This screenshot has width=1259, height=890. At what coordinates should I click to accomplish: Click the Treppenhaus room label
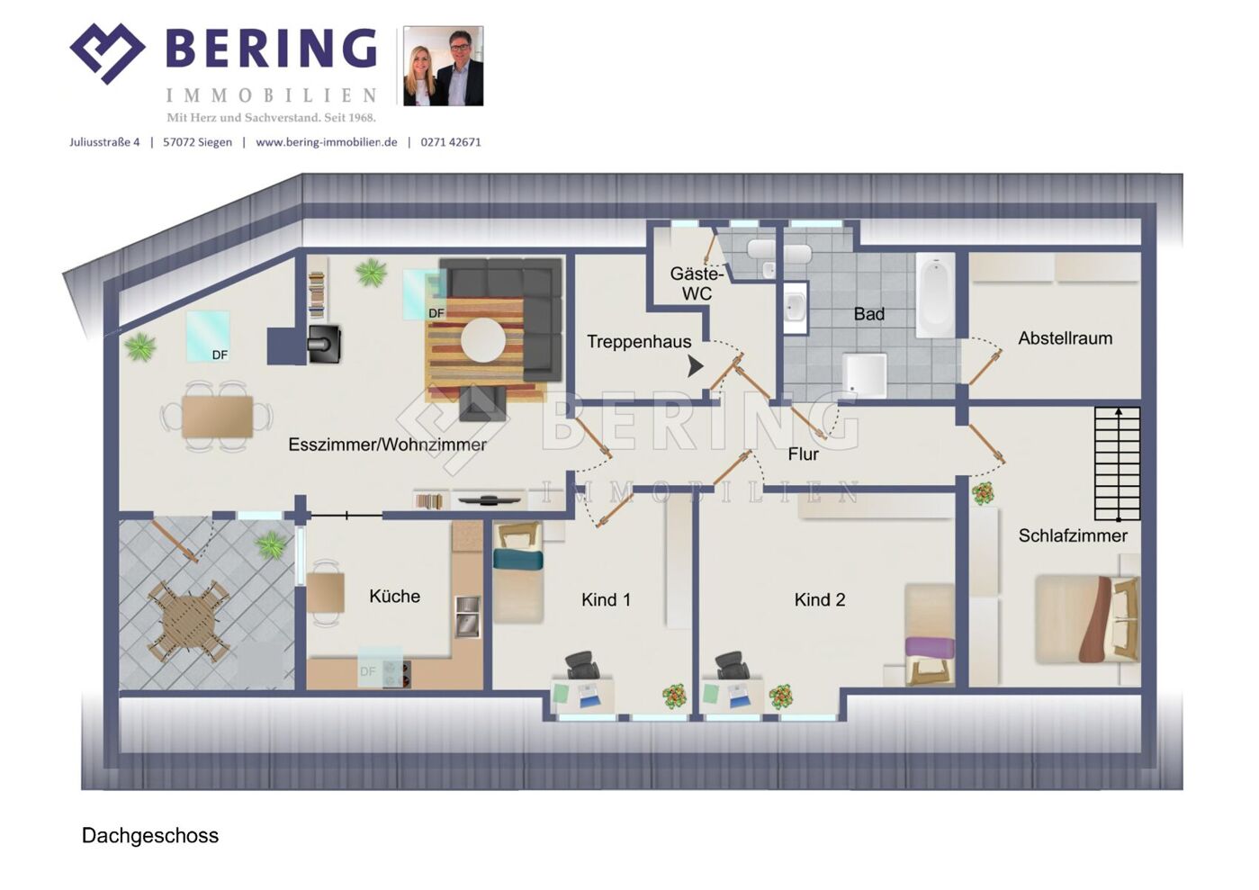pos(639,342)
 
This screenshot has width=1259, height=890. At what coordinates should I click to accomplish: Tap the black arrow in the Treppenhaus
pos(696,366)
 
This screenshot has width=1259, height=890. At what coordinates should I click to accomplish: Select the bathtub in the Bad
pos(935,295)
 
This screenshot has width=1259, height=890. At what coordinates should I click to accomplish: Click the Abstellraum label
pos(1066,338)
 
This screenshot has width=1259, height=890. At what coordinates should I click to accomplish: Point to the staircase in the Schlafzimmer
pos(1118,463)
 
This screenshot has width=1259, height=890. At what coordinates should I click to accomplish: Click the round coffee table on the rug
pos(482,340)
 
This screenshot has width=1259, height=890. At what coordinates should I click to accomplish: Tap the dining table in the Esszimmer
pos(217,417)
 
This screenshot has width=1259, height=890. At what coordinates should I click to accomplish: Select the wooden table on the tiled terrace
pos(189,622)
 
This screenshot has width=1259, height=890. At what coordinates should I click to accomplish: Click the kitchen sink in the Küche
pos(468,616)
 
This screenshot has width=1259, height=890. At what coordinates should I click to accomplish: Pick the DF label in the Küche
pos(367,671)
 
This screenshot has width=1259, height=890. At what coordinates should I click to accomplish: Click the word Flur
pos(803,454)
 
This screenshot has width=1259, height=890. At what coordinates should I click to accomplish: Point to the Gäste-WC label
pos(697,283)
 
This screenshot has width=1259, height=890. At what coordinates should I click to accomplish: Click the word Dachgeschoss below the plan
pos(150,835)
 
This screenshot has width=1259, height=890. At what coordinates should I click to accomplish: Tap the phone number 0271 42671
pos(451,142)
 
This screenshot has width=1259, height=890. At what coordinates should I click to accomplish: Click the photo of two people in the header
pos(444,66)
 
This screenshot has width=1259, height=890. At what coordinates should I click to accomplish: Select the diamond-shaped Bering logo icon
pos(107,53)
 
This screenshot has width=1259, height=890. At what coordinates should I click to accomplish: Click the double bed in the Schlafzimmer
pos(1088,619)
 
